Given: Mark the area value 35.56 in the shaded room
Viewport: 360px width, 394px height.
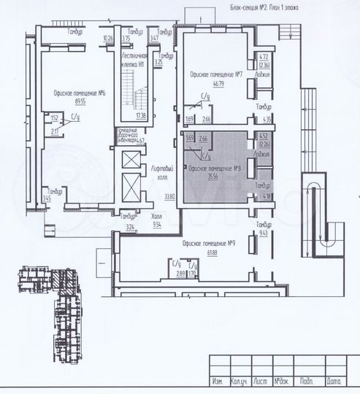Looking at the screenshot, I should pos(215,177).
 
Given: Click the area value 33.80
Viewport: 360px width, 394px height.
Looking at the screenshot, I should pos(169,196).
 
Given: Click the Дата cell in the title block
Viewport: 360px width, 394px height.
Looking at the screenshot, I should pos(334,382).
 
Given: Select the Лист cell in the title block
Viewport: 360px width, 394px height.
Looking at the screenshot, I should pos(262,382).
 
